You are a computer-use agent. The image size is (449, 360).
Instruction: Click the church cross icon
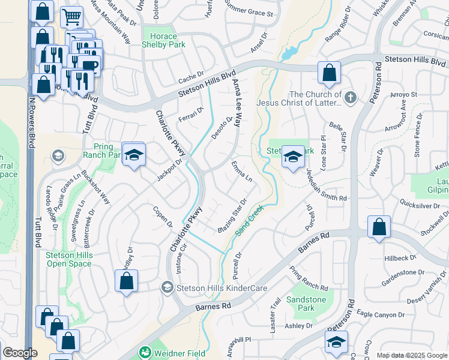(x=351, y=97)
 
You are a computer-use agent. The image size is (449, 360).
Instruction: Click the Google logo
(x=20, y=353)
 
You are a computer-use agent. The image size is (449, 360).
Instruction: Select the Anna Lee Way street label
(x=236, y=103)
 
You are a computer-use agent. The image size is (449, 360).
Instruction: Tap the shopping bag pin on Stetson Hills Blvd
(x=329, y=73)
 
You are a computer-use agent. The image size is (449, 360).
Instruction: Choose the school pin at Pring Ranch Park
(x=134, y=155)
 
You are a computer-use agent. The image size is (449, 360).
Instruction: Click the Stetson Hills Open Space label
(x=70, y=259)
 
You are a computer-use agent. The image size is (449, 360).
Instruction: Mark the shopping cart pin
(x=71, y=17)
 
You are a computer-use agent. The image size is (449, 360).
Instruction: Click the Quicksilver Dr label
(x=414, y=203)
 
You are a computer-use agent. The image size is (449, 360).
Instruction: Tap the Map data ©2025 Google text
(x=411, y=355)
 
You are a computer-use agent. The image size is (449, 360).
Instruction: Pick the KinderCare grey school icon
(x=167, y=288)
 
